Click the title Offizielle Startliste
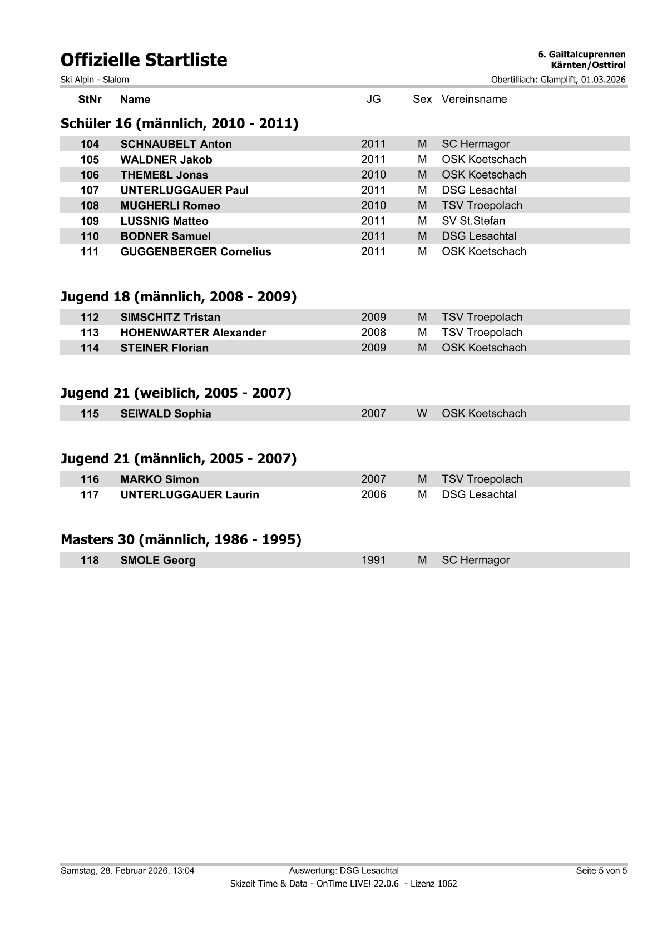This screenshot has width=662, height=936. coord(144,60)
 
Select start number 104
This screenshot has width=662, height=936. coord(90,144)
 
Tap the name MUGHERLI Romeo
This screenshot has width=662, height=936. coord(170,206)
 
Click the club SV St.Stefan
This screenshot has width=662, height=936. coord(473,221)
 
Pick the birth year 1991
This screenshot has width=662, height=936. coord(373,560)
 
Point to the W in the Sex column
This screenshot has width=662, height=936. coord(422,413)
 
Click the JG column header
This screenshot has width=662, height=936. coord(373,99)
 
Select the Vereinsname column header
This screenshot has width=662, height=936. coord(474,99)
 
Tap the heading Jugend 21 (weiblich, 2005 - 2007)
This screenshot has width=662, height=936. coord(176,393)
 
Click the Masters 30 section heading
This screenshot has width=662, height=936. coord(181,539)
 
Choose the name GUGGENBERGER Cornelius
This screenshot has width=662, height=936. coord(195,251)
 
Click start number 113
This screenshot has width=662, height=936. coord(90,333)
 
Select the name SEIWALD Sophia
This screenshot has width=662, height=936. coord(165,414)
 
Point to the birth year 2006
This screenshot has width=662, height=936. coord(373,494)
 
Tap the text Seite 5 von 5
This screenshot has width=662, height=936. coord(601,870)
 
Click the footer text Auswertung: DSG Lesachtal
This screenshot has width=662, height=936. coord(344,870)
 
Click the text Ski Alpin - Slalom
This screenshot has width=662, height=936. coord(95,80)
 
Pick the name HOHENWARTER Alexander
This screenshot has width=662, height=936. coord(193,333)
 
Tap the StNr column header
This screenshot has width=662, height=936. coord(90,100)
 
